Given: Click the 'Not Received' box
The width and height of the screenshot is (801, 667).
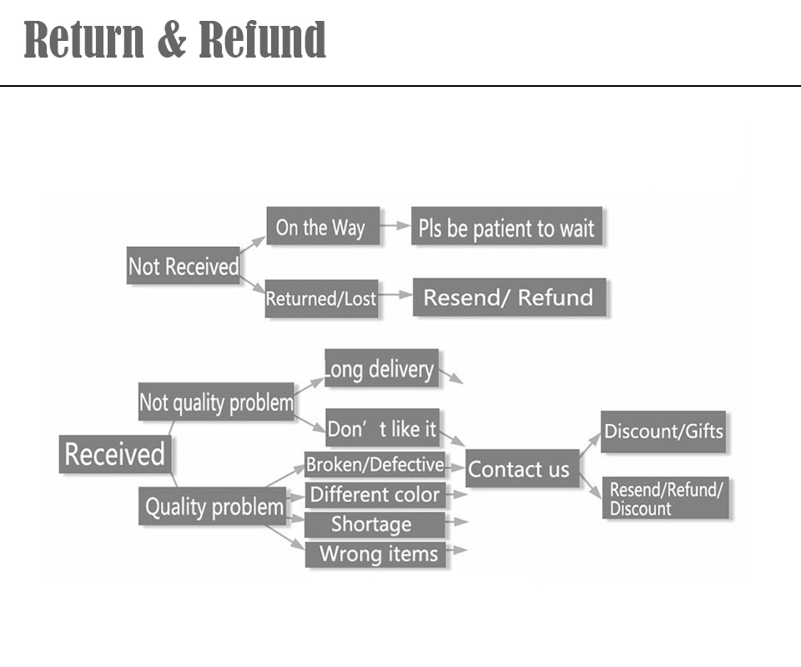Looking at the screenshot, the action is (183, 265).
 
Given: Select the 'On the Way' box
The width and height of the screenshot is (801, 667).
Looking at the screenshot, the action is (323, 226).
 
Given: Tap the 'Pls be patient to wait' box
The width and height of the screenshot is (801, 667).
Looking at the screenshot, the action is (506, 226).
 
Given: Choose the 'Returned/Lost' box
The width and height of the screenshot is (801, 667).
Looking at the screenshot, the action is (321, 299).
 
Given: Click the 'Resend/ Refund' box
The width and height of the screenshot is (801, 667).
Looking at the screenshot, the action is (509, 297).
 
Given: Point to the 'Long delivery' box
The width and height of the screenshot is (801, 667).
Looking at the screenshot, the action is (381, 368).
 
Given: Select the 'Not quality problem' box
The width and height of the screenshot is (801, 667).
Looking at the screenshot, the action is (216, 402).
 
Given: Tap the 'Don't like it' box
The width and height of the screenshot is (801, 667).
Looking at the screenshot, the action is (383, 427).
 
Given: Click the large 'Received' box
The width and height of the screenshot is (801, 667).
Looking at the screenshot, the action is (115, 454).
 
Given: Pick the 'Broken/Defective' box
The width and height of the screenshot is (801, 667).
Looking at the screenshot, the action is (375, 464).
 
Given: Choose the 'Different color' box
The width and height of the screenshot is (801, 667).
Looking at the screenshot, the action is (375, 495).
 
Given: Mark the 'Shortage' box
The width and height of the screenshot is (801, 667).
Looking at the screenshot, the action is (375, 524).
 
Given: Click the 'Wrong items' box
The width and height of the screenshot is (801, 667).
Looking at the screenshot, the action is (375, 554).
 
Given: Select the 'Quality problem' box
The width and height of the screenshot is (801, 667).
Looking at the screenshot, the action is (213, 506).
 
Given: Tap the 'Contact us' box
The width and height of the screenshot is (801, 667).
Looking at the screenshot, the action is (522, 468).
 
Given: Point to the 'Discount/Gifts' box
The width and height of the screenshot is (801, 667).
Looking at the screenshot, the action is (663, 432).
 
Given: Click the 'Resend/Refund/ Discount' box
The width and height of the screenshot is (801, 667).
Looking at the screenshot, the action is (666, 498).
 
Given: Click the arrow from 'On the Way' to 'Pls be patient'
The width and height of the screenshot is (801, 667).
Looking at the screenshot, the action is (395, 225).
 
